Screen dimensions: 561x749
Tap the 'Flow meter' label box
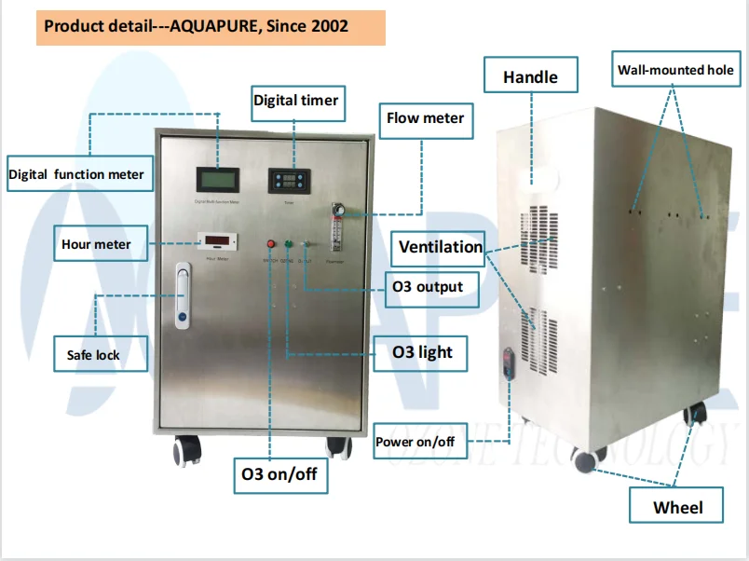point(425,118)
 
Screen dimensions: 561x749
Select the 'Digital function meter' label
point(76,173)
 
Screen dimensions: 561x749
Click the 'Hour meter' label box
point(96,244)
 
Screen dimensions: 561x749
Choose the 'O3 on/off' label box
point(279,473)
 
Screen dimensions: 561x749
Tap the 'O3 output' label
point(428,286)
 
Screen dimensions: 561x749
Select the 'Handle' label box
point(530,77)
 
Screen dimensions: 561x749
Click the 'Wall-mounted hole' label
point(675,70)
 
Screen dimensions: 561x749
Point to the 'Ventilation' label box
point(441,247)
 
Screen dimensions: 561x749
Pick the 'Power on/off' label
point(415,441)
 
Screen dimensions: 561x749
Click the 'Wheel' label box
point(677,508)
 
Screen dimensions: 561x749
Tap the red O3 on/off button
point(272,245)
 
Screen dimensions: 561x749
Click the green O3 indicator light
point(289,245)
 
